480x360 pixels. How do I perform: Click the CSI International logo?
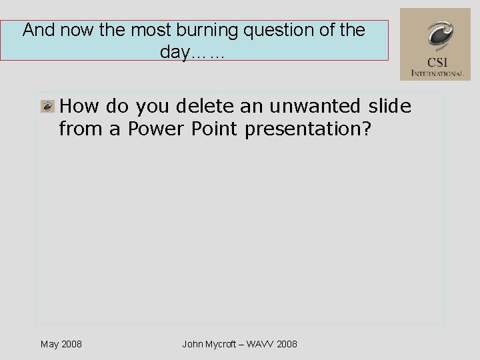point(435,44)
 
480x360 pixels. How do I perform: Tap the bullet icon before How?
point(47,106)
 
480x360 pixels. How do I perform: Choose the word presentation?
point(307,128)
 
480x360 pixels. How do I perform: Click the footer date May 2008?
point(61,344)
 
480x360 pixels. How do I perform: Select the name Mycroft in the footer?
point(223,344)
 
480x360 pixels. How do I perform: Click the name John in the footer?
point(193,344)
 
